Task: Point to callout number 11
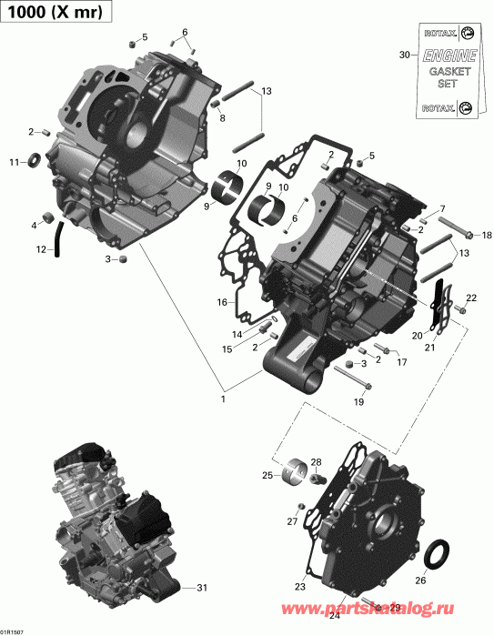(14, 163)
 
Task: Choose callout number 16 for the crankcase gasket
(221, 302)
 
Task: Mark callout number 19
(358, 401)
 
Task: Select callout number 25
(267, 475)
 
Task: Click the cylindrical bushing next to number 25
(293, 473)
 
